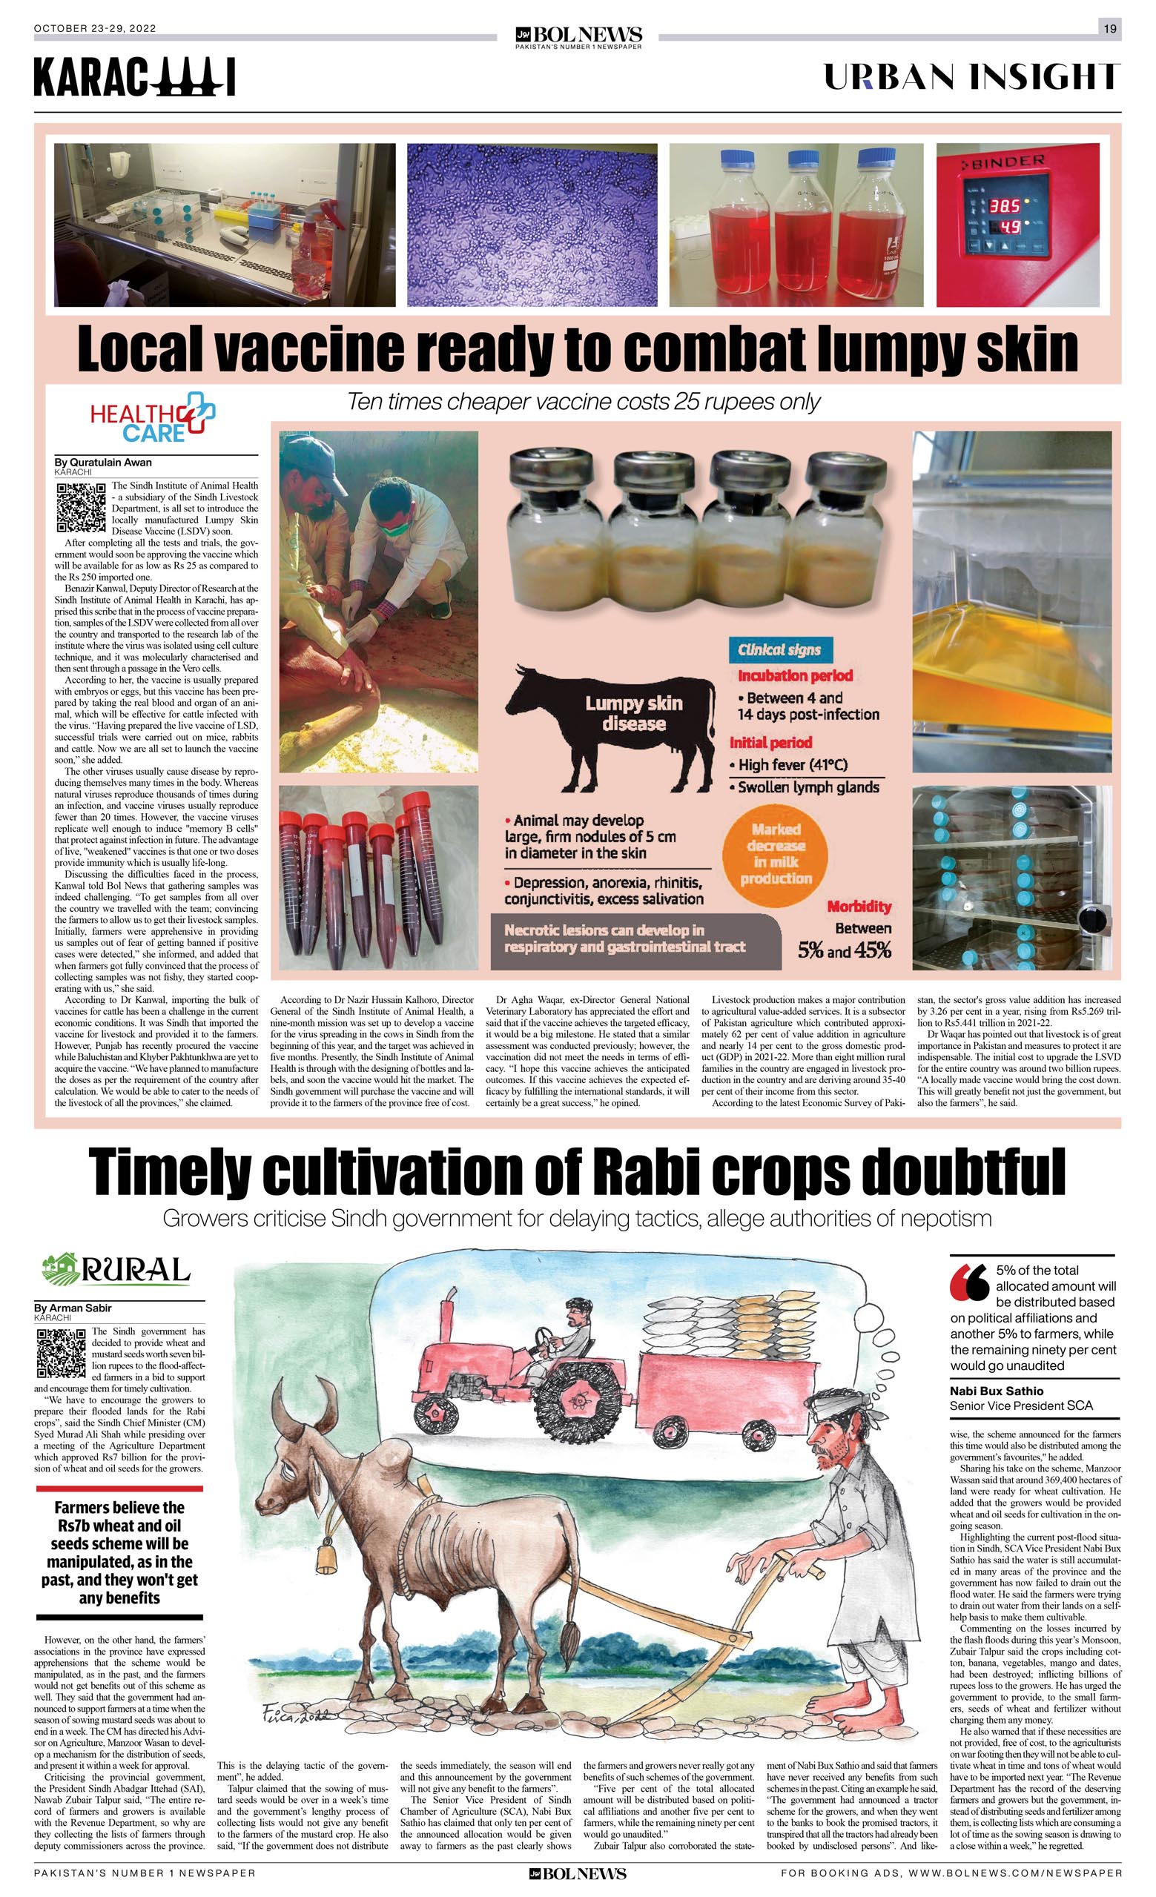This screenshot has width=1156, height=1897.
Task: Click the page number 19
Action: [x=1110, y=28]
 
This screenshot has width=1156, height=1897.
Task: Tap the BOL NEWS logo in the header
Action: [x=578, y=36]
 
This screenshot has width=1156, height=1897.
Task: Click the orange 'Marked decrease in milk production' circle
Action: [x=776, y=854]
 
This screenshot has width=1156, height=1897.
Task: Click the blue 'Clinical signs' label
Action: [x=779, y=650]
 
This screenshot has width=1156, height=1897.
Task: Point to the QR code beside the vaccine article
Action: [x=81, y=507]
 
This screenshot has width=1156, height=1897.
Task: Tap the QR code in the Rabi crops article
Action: [x=61, y=1353]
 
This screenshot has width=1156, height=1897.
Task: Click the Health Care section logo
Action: [x=153, y=417]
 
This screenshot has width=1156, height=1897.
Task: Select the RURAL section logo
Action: [x=116, y=1270]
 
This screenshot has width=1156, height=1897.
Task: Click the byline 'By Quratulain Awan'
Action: [x=103, y=463]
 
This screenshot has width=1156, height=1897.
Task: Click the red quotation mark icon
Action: [x=970, y=1282]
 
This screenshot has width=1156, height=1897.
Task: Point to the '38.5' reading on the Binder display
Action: [x=1004, y=206]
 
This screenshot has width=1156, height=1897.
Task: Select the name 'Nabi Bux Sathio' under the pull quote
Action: [x=997, y=1391]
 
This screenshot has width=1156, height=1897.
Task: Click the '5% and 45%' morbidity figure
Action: [x=844, y=950]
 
